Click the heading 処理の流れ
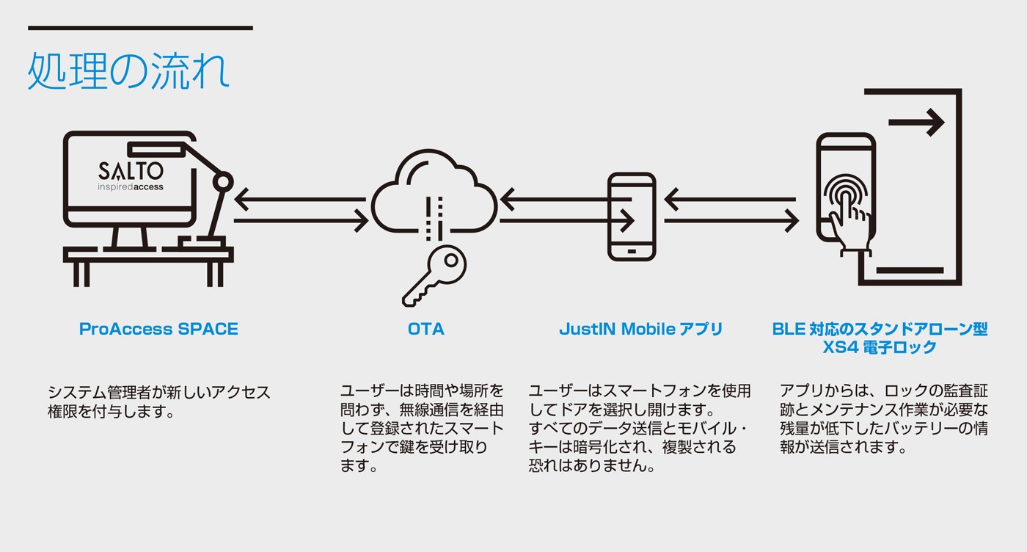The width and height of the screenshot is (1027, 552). [x=129, y=71]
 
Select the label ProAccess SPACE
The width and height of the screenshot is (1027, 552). [x=158, y=330]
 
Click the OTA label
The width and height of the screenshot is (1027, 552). [x=426, y=330]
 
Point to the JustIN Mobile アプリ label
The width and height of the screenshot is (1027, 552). [x=640, y=330]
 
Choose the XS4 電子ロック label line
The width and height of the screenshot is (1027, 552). [x=880, y=348]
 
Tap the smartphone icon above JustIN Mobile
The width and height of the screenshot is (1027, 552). [x=632, y=217]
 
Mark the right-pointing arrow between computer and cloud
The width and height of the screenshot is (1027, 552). [x=301, y=219]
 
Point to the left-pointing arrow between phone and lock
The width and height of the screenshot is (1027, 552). [x=731, y=199]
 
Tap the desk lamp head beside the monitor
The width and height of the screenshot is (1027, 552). [x=223, y=181]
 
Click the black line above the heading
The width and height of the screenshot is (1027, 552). [x=140, y=28]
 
